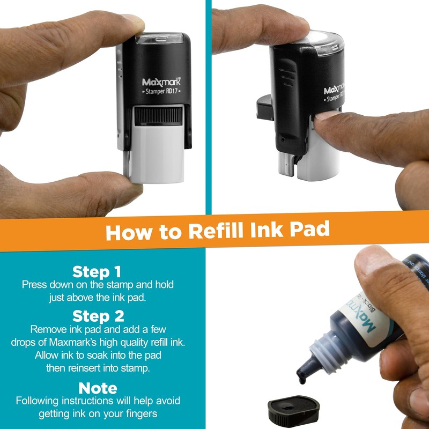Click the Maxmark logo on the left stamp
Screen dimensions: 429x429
click(x=161, y=82)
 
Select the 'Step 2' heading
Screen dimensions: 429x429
click(x=97, y=315)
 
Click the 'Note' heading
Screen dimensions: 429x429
click(x=97, y=388)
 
